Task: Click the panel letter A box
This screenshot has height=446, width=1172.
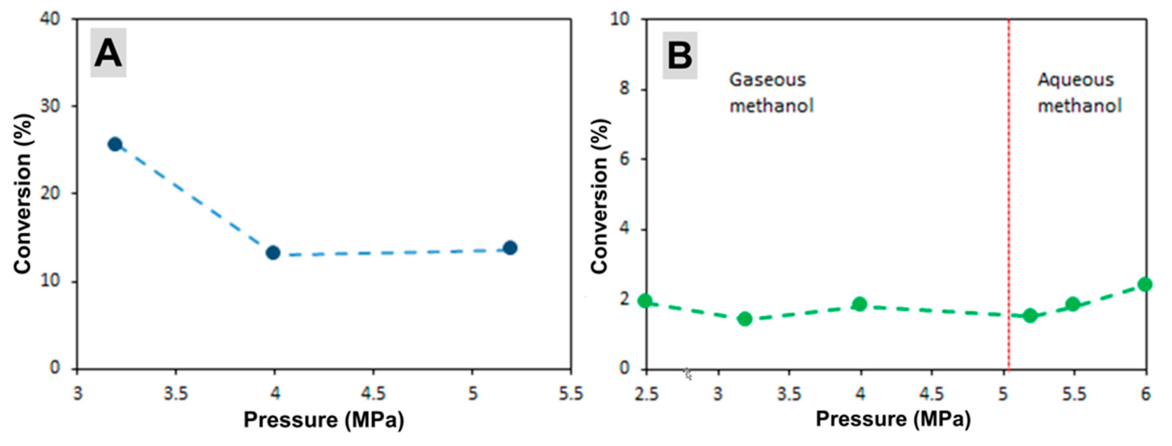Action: [x=108, y=53]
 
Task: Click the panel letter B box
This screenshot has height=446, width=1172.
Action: [x=680, y=55]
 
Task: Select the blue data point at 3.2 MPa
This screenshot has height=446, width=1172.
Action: [x=115, y=144]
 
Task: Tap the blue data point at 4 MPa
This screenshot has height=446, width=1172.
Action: [x=273, y=252]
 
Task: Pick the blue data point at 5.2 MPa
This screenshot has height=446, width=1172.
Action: [x=510, y=248]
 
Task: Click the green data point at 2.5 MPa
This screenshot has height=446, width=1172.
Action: [x=645, y=300]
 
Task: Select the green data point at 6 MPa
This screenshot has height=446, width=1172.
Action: [x=1145, y=285]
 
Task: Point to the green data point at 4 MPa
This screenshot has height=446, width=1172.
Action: [x=860, y=304]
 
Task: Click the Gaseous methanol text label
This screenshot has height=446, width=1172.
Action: [x=771, y=93]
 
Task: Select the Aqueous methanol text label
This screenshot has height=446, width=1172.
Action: [x=1079, y=93]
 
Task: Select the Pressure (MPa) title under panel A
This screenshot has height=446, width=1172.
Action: [x=323, y=420]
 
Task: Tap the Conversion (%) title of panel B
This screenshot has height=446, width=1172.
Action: [x=600, y=196]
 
